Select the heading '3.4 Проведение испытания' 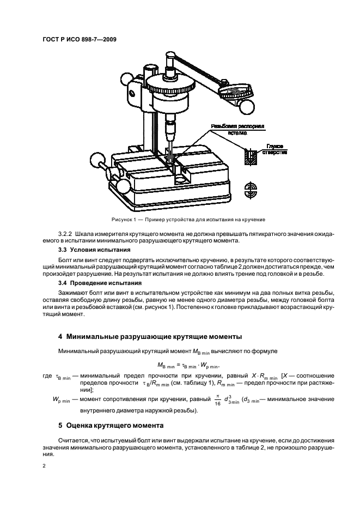pos(92,283)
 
